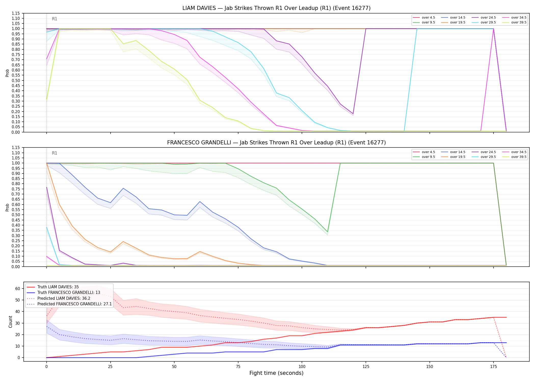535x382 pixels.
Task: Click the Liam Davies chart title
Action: (x=276, y=8)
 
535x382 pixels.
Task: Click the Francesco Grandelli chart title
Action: (x=276, y=143)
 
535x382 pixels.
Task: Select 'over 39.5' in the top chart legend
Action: (x=519, y=22)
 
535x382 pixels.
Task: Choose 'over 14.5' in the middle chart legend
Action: (x=458, y=152)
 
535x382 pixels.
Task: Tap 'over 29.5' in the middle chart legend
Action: (x=488, y=157)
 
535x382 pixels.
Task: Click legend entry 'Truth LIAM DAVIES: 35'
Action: (x=58, y=287)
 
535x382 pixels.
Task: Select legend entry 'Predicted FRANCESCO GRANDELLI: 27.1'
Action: (x=75, y=304)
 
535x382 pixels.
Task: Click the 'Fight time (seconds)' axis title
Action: (x=276, y=373)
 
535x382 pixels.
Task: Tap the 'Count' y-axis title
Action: (x=10, y=322)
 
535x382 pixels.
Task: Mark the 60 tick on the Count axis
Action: (x=18, y=289)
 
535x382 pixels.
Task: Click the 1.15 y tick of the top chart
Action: (x=16, y=13)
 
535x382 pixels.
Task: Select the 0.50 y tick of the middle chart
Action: (x=16, y=215)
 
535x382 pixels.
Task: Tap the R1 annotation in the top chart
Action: (x=55, y=19)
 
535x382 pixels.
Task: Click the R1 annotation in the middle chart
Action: (x=55, y=153)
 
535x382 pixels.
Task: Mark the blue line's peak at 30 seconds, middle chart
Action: (x=123, y=188)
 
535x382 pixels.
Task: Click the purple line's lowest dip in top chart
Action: (x=353, y=114)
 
